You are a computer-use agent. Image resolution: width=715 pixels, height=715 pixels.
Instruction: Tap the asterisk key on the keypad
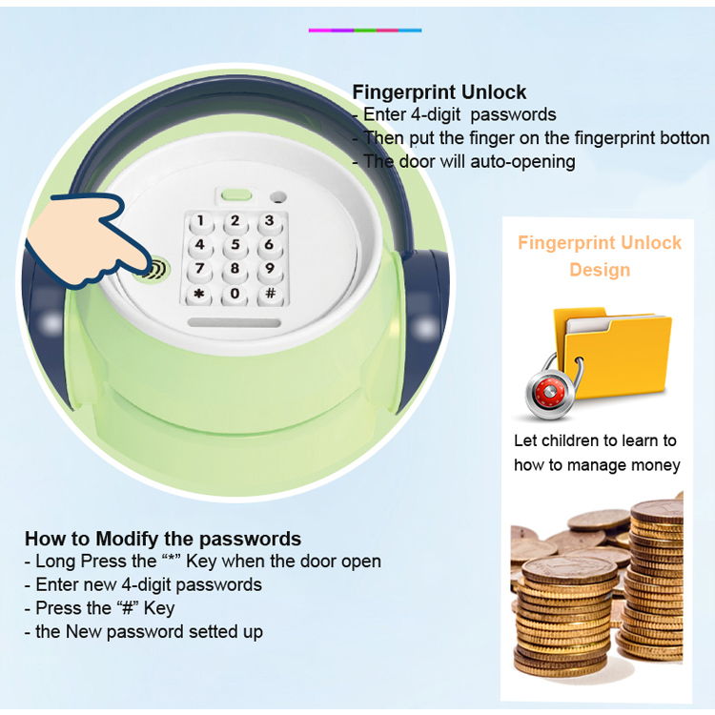pyautogui.click(x=199, y=293)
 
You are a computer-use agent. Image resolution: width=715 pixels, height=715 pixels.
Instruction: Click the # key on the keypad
pyautogui.click(x=271, y=293)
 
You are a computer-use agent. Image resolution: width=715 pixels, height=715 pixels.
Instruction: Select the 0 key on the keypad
pyautogui.click(x=235, y=293)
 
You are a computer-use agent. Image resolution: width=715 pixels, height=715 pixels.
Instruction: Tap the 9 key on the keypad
pyautogui.click(x=271, y=268)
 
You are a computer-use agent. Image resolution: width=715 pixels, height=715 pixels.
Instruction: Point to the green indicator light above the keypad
pyautogui.click(x=236, y=195)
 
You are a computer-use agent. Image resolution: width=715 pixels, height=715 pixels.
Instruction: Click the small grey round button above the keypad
pyautogui.click(x=277, y=198)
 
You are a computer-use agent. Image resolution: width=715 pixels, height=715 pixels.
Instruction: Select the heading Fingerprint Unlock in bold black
pyautogui.click(x=439, y=92)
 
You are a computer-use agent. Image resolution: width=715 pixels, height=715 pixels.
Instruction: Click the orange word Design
pyautogui.click(x=600, y=270)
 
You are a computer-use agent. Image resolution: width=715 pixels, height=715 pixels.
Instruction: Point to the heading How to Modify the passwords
pyautogui.click(x=163, y=539)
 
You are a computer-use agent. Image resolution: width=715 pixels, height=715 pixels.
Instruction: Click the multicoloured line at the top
pyautogui.click(x=365, y=31)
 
